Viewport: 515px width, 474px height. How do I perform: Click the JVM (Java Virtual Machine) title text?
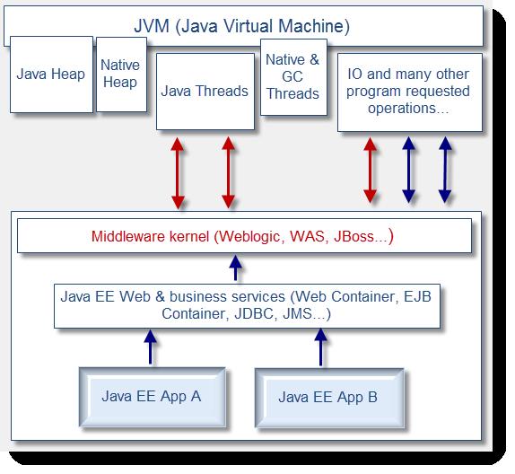tap(242, 26)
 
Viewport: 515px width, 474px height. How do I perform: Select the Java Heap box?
tap(51, 75)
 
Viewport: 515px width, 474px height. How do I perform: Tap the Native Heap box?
tap(121, 75)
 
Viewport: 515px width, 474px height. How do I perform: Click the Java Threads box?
tap(205, 92)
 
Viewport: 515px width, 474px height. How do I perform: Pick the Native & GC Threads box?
tap(293, 77)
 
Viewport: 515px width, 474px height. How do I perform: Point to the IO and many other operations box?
tap(410, 92)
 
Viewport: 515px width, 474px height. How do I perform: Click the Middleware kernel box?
tap(244, 236)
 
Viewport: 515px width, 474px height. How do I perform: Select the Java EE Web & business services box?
tap(247, 306)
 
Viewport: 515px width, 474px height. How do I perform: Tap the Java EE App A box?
tap(153, 397)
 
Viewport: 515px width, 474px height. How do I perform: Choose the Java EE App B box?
tap(329, 398)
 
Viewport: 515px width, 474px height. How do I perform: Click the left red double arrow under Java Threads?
tap(178, 173)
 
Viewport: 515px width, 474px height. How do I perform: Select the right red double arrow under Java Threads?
tap(228, 172)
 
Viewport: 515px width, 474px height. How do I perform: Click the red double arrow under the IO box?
tap(371, 170)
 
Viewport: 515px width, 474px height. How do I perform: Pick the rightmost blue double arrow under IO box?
tap(445, 170)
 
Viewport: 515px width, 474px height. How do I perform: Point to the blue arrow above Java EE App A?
tap(151, 347)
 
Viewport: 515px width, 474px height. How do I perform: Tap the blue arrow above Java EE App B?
tap(320, 347)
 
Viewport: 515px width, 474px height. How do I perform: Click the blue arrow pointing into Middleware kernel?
tap(235, 268)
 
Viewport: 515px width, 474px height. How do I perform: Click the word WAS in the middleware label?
tap(307, 236)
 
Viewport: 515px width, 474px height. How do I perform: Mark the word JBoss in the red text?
tap(354, 236)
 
